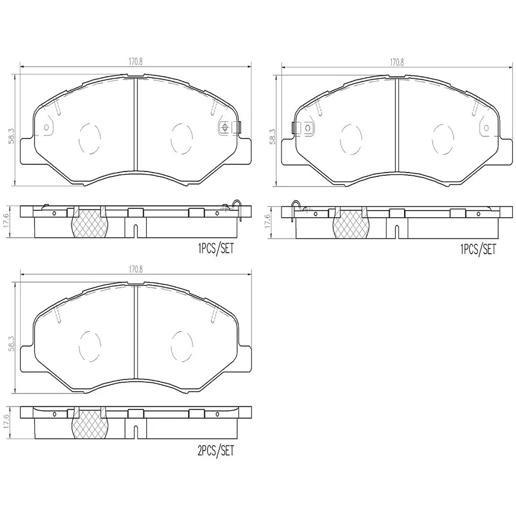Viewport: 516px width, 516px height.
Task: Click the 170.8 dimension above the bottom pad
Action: (x=136, y=270)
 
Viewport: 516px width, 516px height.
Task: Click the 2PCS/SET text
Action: (x=216, y=451)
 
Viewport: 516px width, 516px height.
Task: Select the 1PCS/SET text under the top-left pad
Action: (x=216, y=249)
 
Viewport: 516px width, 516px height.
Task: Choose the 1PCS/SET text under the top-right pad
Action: (x=477, y=249)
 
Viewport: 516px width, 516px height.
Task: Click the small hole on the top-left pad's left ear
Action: (x=46, y=127)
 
